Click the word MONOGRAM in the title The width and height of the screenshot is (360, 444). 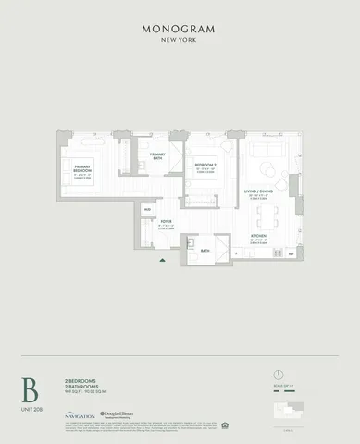[180, 28]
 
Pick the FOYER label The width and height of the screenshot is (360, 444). [167, 222]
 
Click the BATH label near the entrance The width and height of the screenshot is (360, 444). [205, 249]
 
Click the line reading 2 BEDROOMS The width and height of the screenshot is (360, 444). [81, 380]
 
